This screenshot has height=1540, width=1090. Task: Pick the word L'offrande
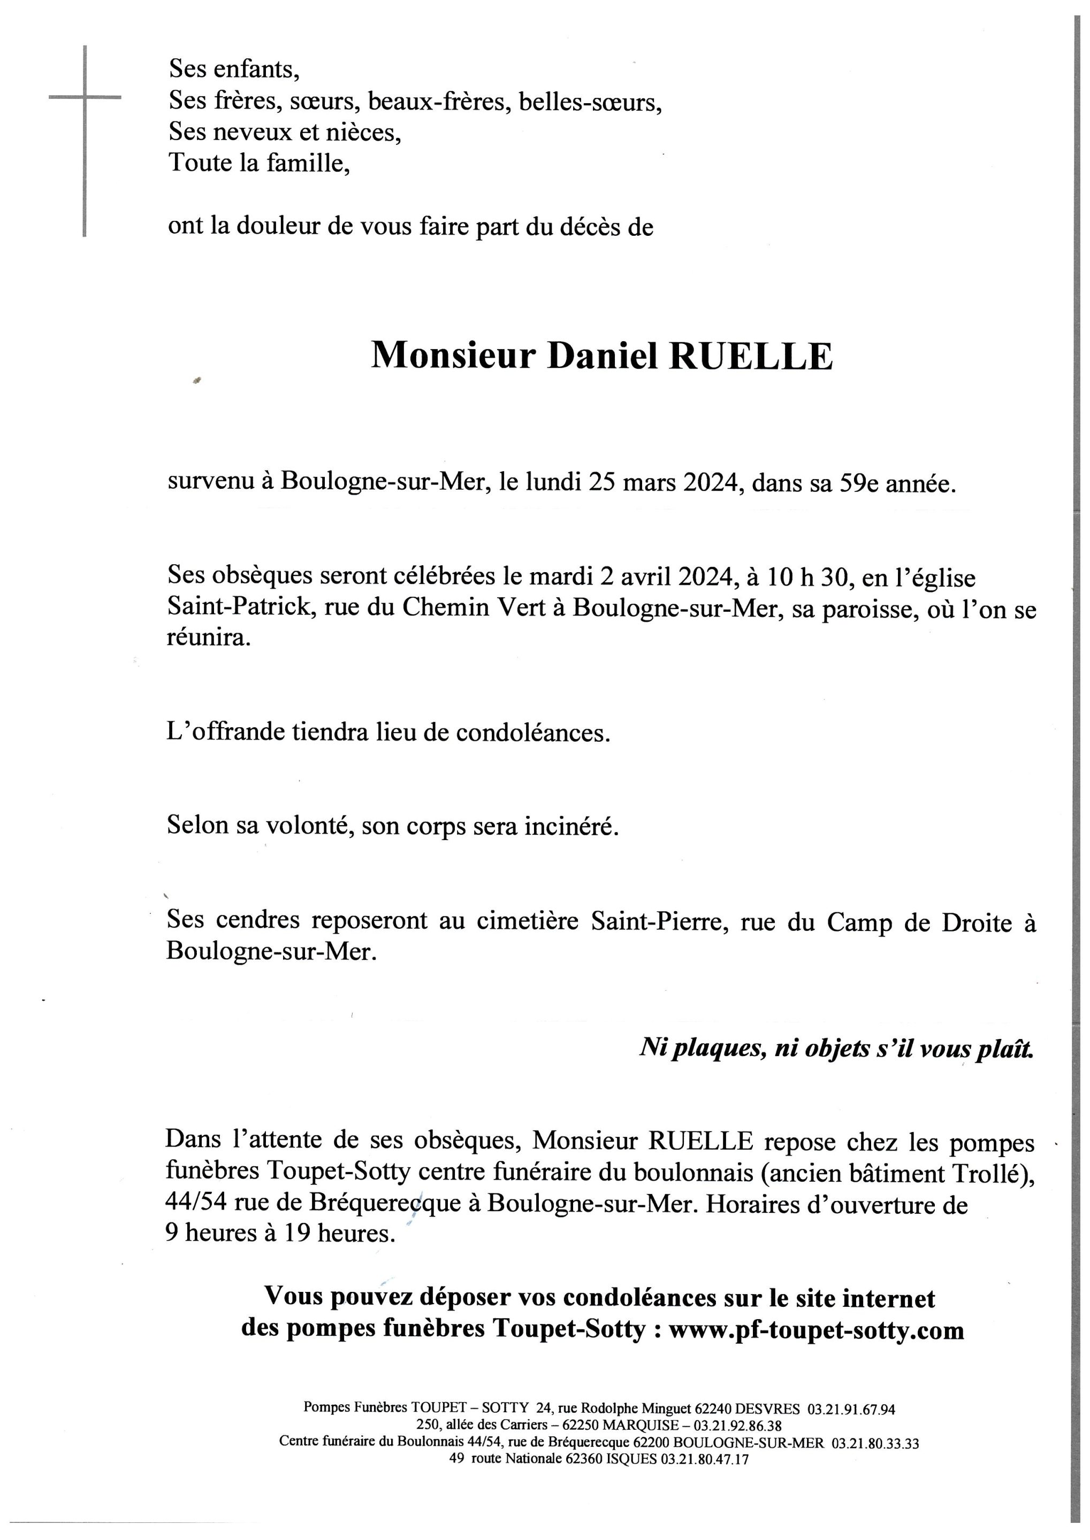(226, 733)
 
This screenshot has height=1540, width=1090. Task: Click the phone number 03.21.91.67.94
(851, 1409)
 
